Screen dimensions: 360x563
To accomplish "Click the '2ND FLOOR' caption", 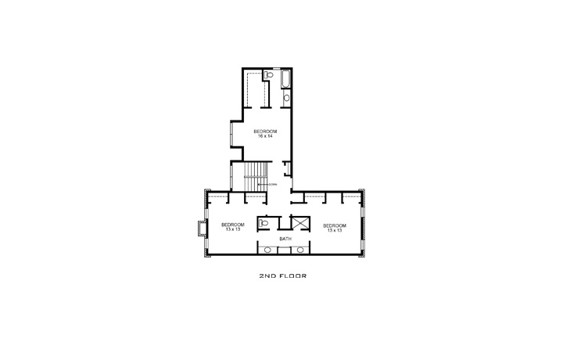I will [x=281, y=276].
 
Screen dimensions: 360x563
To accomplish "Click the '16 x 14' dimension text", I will [x=265, y=135].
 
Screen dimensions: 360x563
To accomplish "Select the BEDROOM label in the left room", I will [x=233, y=225].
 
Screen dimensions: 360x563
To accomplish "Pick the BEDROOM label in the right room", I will [x=334, y=225].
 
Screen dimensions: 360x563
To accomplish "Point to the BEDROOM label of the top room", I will [x=265, y=131].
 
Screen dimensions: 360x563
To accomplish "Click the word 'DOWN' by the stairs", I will [x=273, y=184].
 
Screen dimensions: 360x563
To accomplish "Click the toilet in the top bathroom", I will [x=267, y=75].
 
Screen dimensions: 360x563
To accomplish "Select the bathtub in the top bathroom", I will [x=285, y=80].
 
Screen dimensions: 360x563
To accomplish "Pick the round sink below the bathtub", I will [x=285, y=98].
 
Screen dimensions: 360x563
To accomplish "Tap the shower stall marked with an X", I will [x=299, y=223].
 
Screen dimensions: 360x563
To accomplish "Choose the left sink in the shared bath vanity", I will [x=268, y=250].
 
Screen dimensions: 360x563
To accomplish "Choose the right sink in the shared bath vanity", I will [x=300, y=250].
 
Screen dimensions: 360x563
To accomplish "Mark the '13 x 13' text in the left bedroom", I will [x=233, y=230].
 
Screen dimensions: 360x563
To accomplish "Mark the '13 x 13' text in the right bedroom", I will [x=334, y=230].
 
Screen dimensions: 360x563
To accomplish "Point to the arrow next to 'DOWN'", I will [x=263, y=184].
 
